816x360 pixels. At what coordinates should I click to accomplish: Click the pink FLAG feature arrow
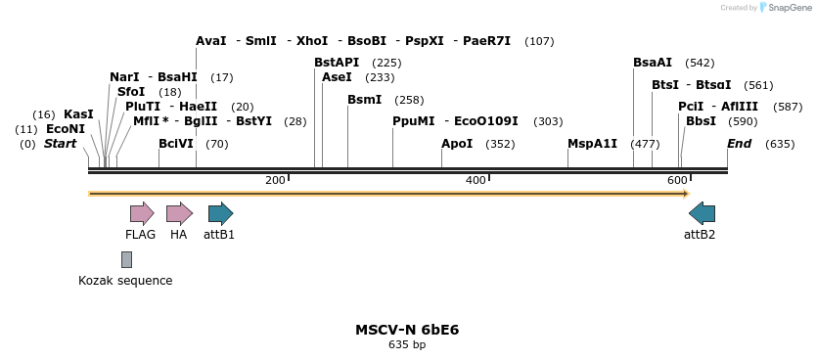pos(142,213)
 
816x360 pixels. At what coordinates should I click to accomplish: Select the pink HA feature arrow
pos(179,213)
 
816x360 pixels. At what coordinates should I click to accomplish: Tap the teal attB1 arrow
pos(220,213)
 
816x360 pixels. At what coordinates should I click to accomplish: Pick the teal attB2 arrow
pos(702,213)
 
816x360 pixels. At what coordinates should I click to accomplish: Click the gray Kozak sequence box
pos(126,259)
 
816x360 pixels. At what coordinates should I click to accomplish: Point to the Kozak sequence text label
pos(125,281)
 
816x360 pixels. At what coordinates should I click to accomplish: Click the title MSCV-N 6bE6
pos(407,330)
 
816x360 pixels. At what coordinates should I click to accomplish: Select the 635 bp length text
pos(407,345)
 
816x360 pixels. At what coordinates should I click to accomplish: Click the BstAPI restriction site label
pos(337,63)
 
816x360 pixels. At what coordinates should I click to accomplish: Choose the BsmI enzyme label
pos(364,100)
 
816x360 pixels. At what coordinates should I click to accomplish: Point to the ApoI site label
pos(457,144)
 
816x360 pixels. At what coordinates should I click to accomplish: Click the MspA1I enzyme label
pos(592,144)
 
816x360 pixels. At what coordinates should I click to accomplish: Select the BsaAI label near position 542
pos(653,63)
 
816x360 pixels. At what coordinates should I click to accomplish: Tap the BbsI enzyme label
pos(701,121)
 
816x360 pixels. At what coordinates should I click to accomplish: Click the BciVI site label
pos(176,144)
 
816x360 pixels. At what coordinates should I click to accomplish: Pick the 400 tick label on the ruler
pos(476,180)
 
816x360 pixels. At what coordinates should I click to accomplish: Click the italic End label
pos(740,144)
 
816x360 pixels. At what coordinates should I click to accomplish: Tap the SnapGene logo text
pos(790,8)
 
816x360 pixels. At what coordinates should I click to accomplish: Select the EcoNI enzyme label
pos(66,129)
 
